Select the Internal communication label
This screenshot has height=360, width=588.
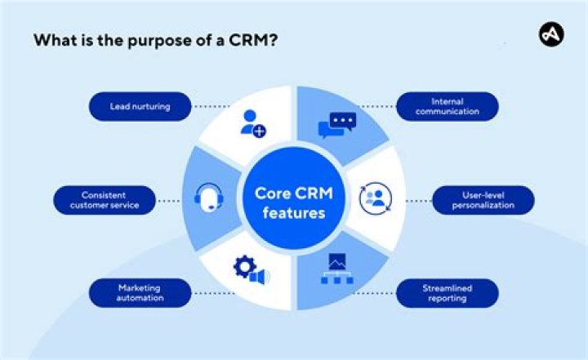point(447,106)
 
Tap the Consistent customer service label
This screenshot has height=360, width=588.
point(105,200)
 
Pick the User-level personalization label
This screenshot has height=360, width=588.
point(483,200)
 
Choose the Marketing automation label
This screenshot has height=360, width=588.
point(139,293)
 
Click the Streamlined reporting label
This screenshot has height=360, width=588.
point(447,293)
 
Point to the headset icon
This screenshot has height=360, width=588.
point(209,197)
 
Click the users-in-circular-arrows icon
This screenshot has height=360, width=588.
point(376,197)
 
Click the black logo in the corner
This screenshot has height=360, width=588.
point(551,34)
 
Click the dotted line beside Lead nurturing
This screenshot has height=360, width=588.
point(211,106)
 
